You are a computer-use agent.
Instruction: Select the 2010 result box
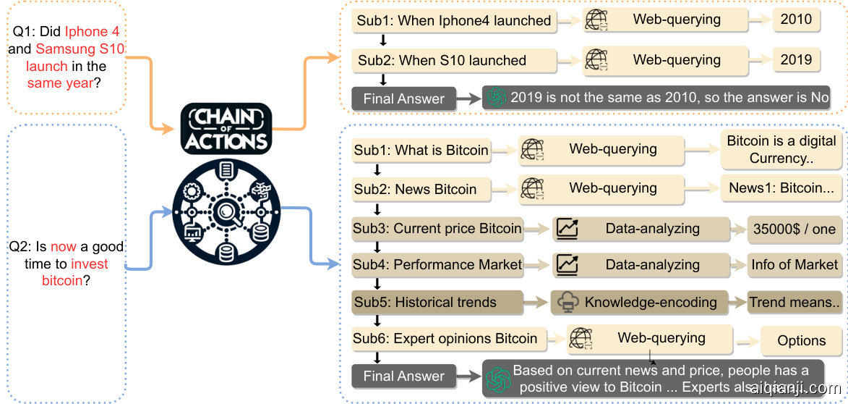click(x=796, y=20)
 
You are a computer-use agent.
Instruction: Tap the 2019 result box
click(x=796, y=60)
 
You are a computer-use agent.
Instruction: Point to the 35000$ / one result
click(x=794, y=229)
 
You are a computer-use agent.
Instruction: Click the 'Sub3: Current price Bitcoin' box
click(x=437, y=229)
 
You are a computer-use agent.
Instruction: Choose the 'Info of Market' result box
click(x=794, y=265)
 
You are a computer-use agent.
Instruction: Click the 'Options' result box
click(x=801, y=340)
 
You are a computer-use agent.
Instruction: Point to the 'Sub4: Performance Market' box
click(x=437, y=265)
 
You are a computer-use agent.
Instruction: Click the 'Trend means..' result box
click(x=795, y=303)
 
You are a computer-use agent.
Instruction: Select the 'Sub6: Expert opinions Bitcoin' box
click(x=445, y=338)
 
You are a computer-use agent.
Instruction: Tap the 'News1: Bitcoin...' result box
click(x=781, y=188)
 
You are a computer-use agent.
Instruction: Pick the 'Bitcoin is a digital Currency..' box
click(x=781, y=149)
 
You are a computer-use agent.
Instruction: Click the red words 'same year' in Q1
click(x=60, y=83)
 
